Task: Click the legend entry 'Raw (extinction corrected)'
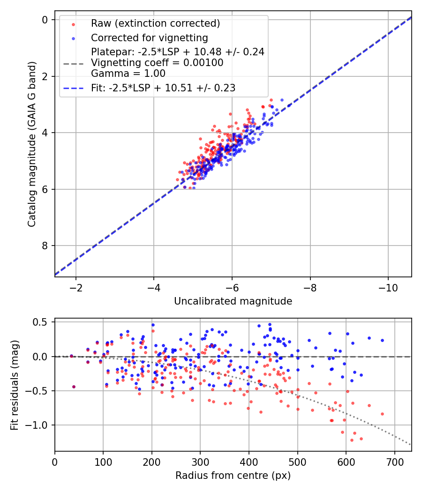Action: [x=155, y=24]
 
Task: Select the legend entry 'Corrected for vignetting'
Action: [x=150, y=37]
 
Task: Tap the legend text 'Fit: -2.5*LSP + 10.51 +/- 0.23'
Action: [x=163, y=88]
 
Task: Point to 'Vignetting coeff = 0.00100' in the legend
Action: [x=157, y=63]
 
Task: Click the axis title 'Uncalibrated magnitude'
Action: [x=233, y=301]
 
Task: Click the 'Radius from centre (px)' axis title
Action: [x=233, y=476]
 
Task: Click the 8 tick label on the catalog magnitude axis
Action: [x=45, y=246]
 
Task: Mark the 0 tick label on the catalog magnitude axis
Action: [x=45, y=20]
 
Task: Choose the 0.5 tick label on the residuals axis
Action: [x=42, y=322]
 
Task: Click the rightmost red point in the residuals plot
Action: [x=382, y=414]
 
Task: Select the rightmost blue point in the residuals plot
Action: [x=382, y=340]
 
